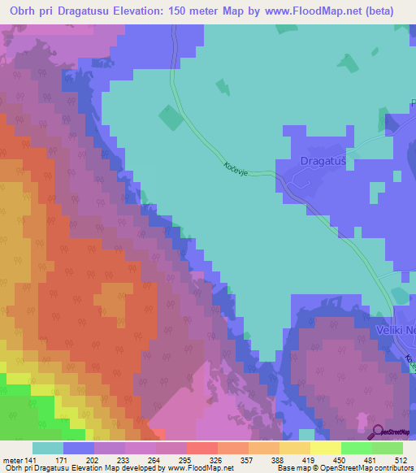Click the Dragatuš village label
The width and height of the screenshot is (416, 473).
[323, 161]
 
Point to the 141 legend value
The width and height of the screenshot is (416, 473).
[31, 459]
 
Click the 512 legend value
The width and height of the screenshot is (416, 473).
[401, 459]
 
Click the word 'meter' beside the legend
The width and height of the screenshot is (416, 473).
[11, 459]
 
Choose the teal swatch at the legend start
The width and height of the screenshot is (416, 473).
[47, 448]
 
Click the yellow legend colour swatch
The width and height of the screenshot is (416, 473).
[325, 448]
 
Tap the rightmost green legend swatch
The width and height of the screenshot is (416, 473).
[388, 448]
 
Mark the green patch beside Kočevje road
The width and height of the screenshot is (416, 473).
[171, 119]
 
